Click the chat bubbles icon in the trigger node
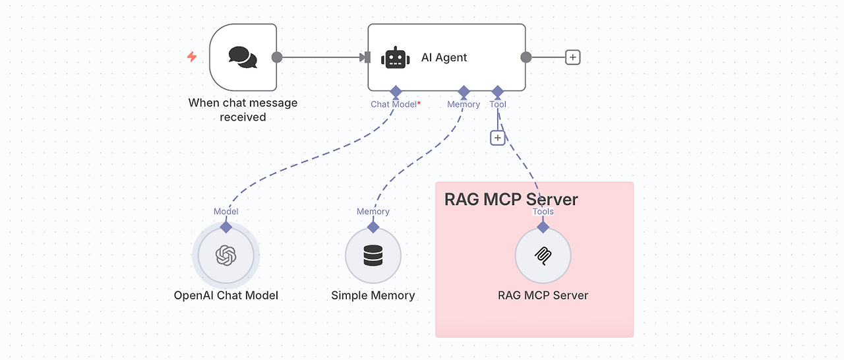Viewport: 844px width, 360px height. point(243,57)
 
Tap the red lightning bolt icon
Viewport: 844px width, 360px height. point(192,57)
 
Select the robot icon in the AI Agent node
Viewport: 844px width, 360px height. point(395,57)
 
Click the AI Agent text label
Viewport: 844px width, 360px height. point(444,57)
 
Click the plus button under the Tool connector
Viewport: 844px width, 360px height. point(498,138)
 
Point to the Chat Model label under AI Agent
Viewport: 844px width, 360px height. point(394,104)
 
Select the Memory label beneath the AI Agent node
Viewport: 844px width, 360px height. point(464,104)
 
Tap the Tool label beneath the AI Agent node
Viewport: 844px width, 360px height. point(498,104)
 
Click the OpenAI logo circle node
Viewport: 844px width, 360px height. point(226,255)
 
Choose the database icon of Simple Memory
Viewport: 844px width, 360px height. point(373,255)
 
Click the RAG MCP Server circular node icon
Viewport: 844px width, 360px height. point(543,255)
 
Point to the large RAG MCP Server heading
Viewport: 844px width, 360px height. point(511,199)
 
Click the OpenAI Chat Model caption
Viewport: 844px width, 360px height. point(226,295)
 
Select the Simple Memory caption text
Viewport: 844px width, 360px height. point(373,295)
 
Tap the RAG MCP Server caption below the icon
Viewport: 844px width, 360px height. point(543,295)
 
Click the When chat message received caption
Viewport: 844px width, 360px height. point(243,110)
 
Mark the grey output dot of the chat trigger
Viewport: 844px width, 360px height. point(277,57)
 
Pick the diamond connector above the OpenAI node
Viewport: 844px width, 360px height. point(226,227)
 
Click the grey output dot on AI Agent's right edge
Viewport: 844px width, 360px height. point(526,57)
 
